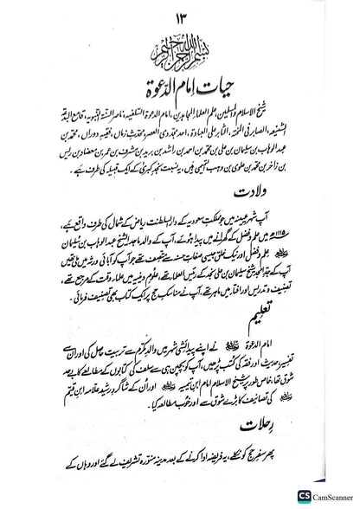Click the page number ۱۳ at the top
click(x=179, y=19)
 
